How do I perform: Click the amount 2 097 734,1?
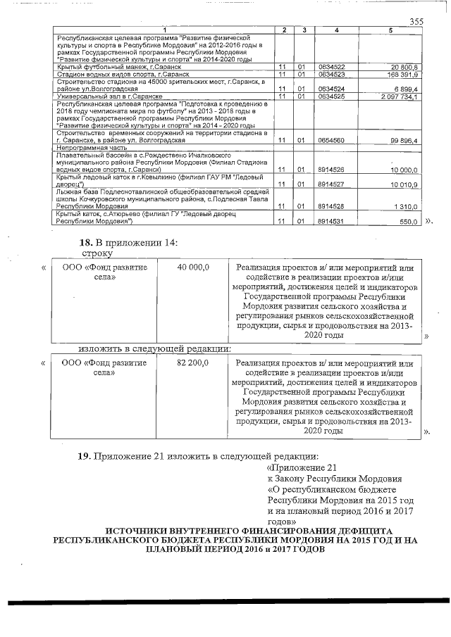(400, 96)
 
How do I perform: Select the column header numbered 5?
(391, 30)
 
